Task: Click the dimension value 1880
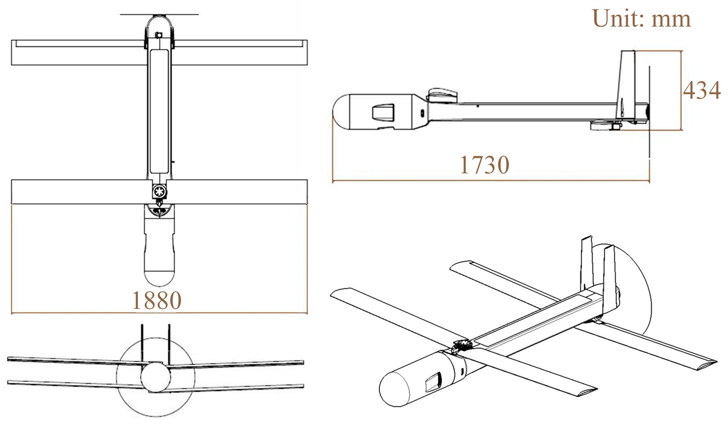click(x=157, y=300)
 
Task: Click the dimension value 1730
click(x=485, y=165)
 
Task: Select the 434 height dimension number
click(x=702, y=90)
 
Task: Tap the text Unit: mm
click(x=641, y=19)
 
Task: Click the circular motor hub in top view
click(x=159, y=191)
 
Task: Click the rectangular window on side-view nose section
click(x=383, y=112)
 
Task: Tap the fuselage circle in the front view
click(x=155, y=377)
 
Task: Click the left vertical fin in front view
click(x=142, y=343)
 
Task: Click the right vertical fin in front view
click(x=169, y=343)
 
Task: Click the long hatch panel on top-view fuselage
click(x=159, y=112)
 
